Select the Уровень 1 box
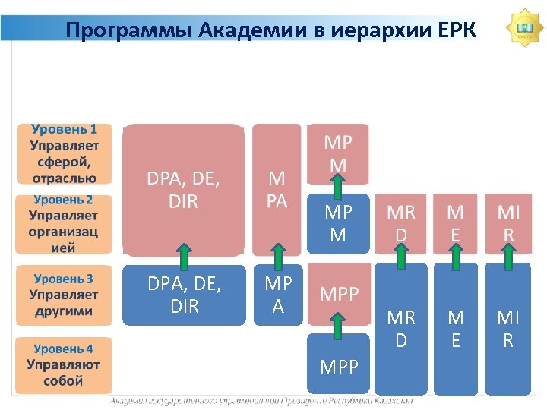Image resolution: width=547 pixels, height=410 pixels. coord(65,153)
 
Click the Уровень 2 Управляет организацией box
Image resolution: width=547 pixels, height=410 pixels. coord(65,223)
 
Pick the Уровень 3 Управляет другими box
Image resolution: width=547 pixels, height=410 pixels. coord(65,295)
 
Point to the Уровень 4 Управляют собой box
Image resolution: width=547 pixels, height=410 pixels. coord(65,364)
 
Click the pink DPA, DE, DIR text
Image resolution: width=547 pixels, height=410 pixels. coord(183,190)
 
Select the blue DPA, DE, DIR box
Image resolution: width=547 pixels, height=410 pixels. coord(183,295)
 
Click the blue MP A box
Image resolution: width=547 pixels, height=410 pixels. coord(278,295)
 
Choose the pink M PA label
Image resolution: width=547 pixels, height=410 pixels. coord(278,189)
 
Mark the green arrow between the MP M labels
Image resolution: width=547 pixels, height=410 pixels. coord(338,187)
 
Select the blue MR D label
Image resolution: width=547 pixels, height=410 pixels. coord(400,330)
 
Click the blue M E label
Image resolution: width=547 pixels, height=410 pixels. coord(456,330)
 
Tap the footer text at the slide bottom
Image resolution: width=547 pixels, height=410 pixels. coord(262,401)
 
